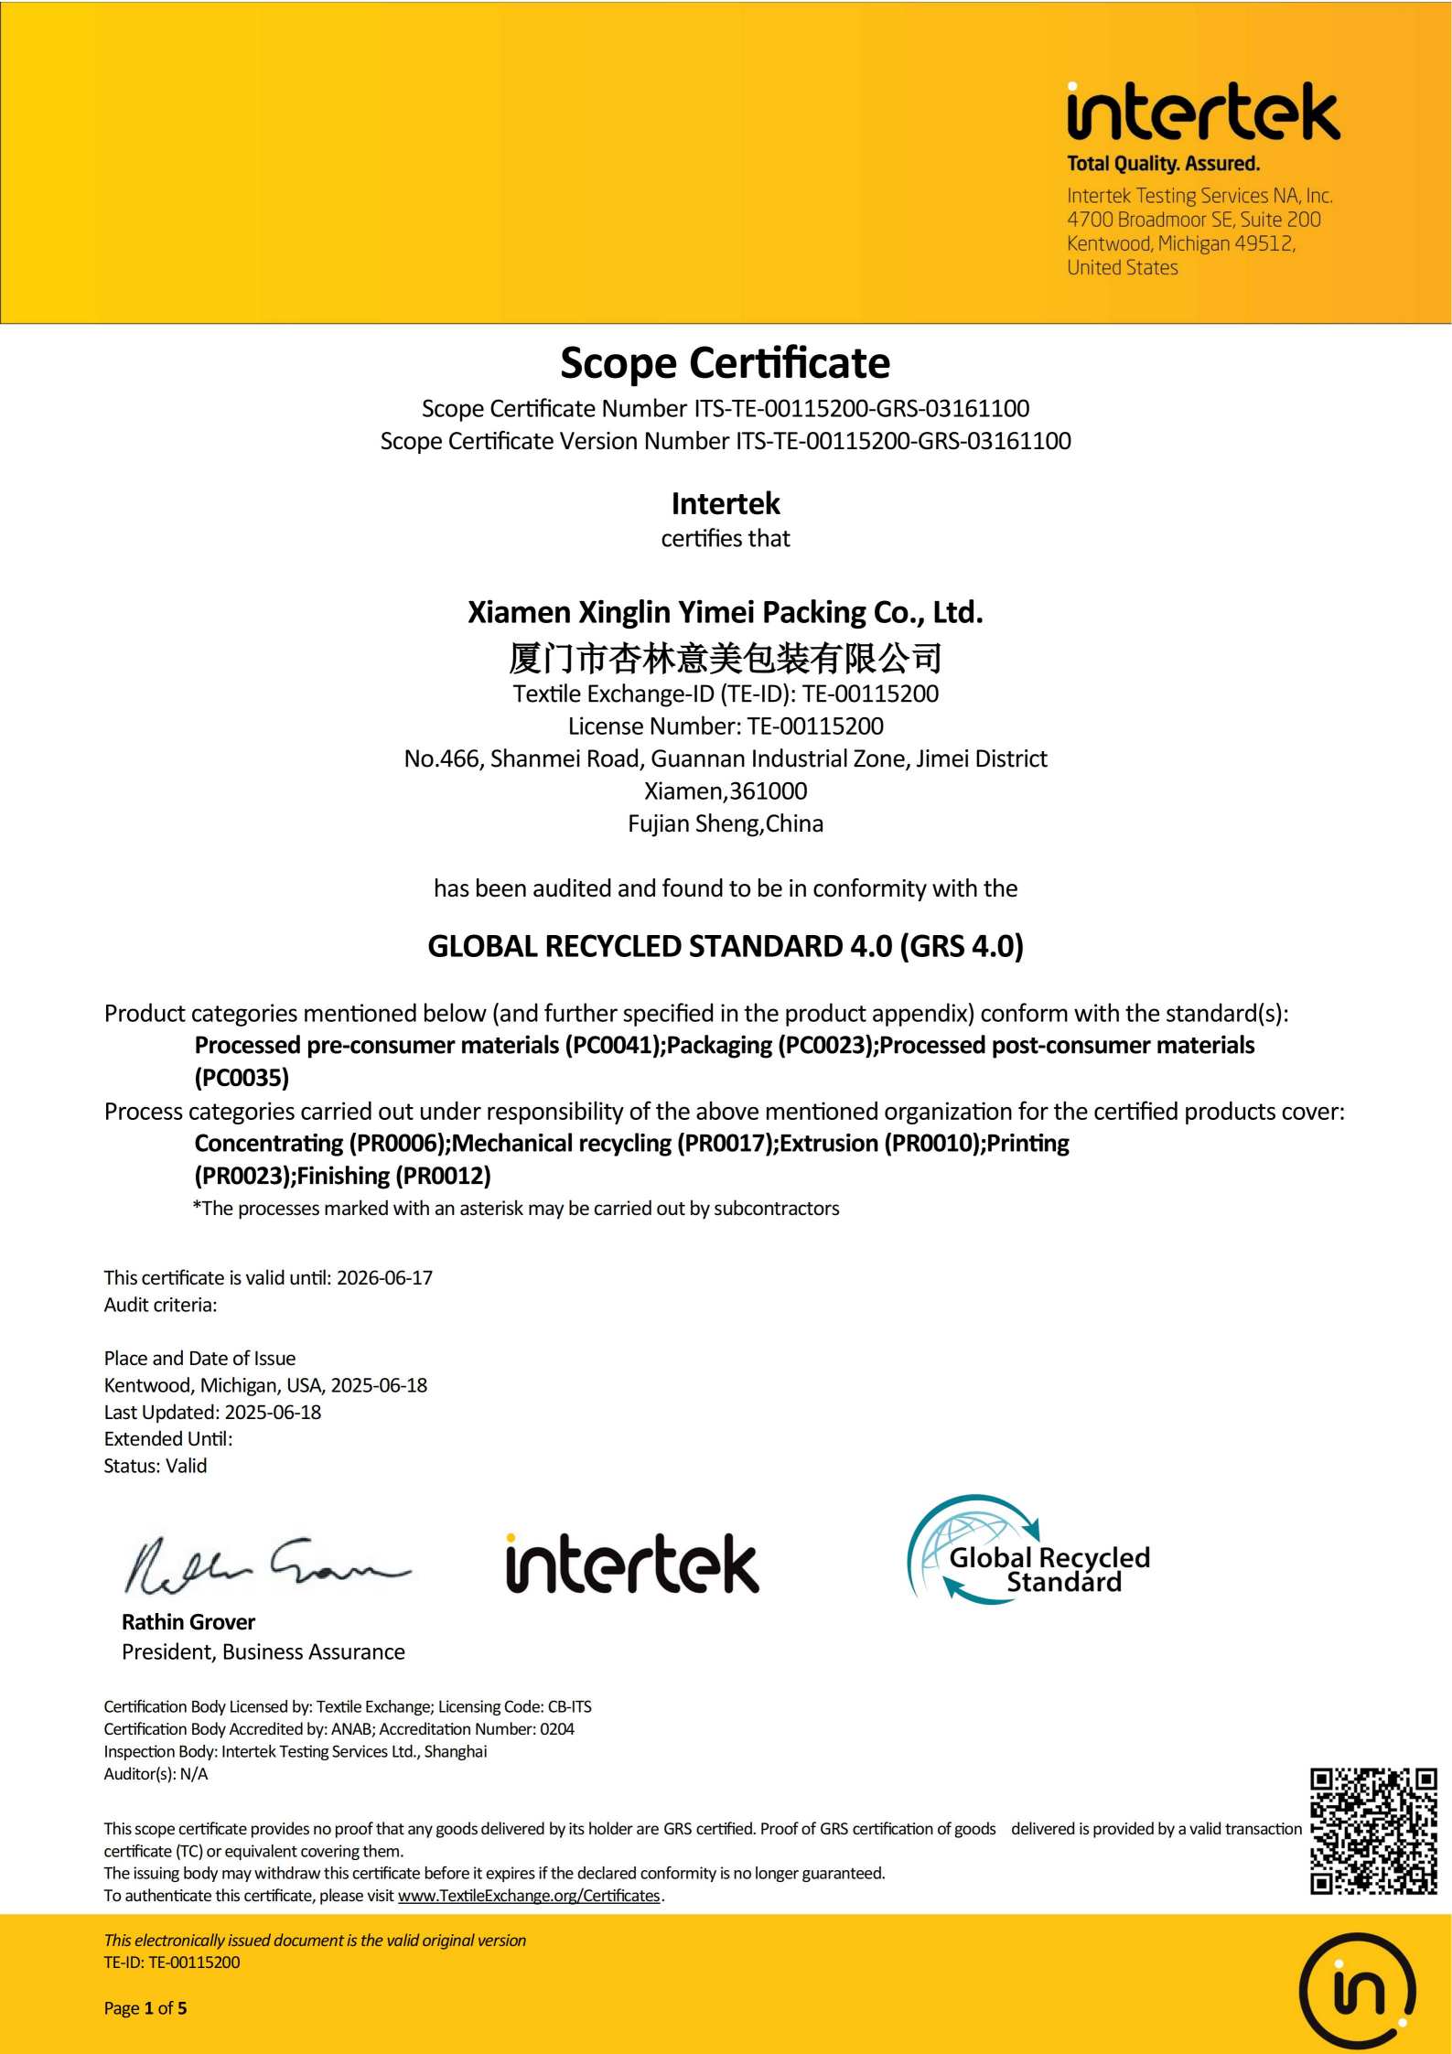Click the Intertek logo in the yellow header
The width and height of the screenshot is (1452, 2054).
tap(1202, 113)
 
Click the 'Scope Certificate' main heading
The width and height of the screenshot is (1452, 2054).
tap(725, 363)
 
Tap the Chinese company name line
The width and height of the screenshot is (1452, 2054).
tap(725, 657)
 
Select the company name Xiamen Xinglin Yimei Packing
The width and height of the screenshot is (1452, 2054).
tap(725, 611)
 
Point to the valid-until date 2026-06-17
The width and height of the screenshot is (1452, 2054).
tap(384, 1277)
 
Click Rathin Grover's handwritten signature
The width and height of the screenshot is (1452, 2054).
tap(265, 1565)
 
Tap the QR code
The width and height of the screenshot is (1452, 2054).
tap(1372, 1830)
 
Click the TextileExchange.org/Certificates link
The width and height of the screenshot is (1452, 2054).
tap(529, 1896)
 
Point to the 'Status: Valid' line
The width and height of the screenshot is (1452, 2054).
tap(156, 1466)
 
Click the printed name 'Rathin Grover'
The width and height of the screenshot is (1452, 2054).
tap(188, 1622)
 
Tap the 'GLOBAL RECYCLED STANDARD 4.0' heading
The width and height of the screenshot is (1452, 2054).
tap(725, 946)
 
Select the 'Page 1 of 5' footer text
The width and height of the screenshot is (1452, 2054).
tap(145, 2008)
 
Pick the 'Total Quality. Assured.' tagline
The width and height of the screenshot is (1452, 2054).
tap(1163, 164)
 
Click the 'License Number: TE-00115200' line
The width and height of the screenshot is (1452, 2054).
tap(725, 726)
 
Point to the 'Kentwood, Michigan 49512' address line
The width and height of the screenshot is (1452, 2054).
tap(1180, 243)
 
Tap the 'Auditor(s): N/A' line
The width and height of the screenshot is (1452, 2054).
tap(156, 1774)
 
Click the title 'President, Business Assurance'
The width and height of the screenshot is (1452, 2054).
tap(264, 1651)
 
